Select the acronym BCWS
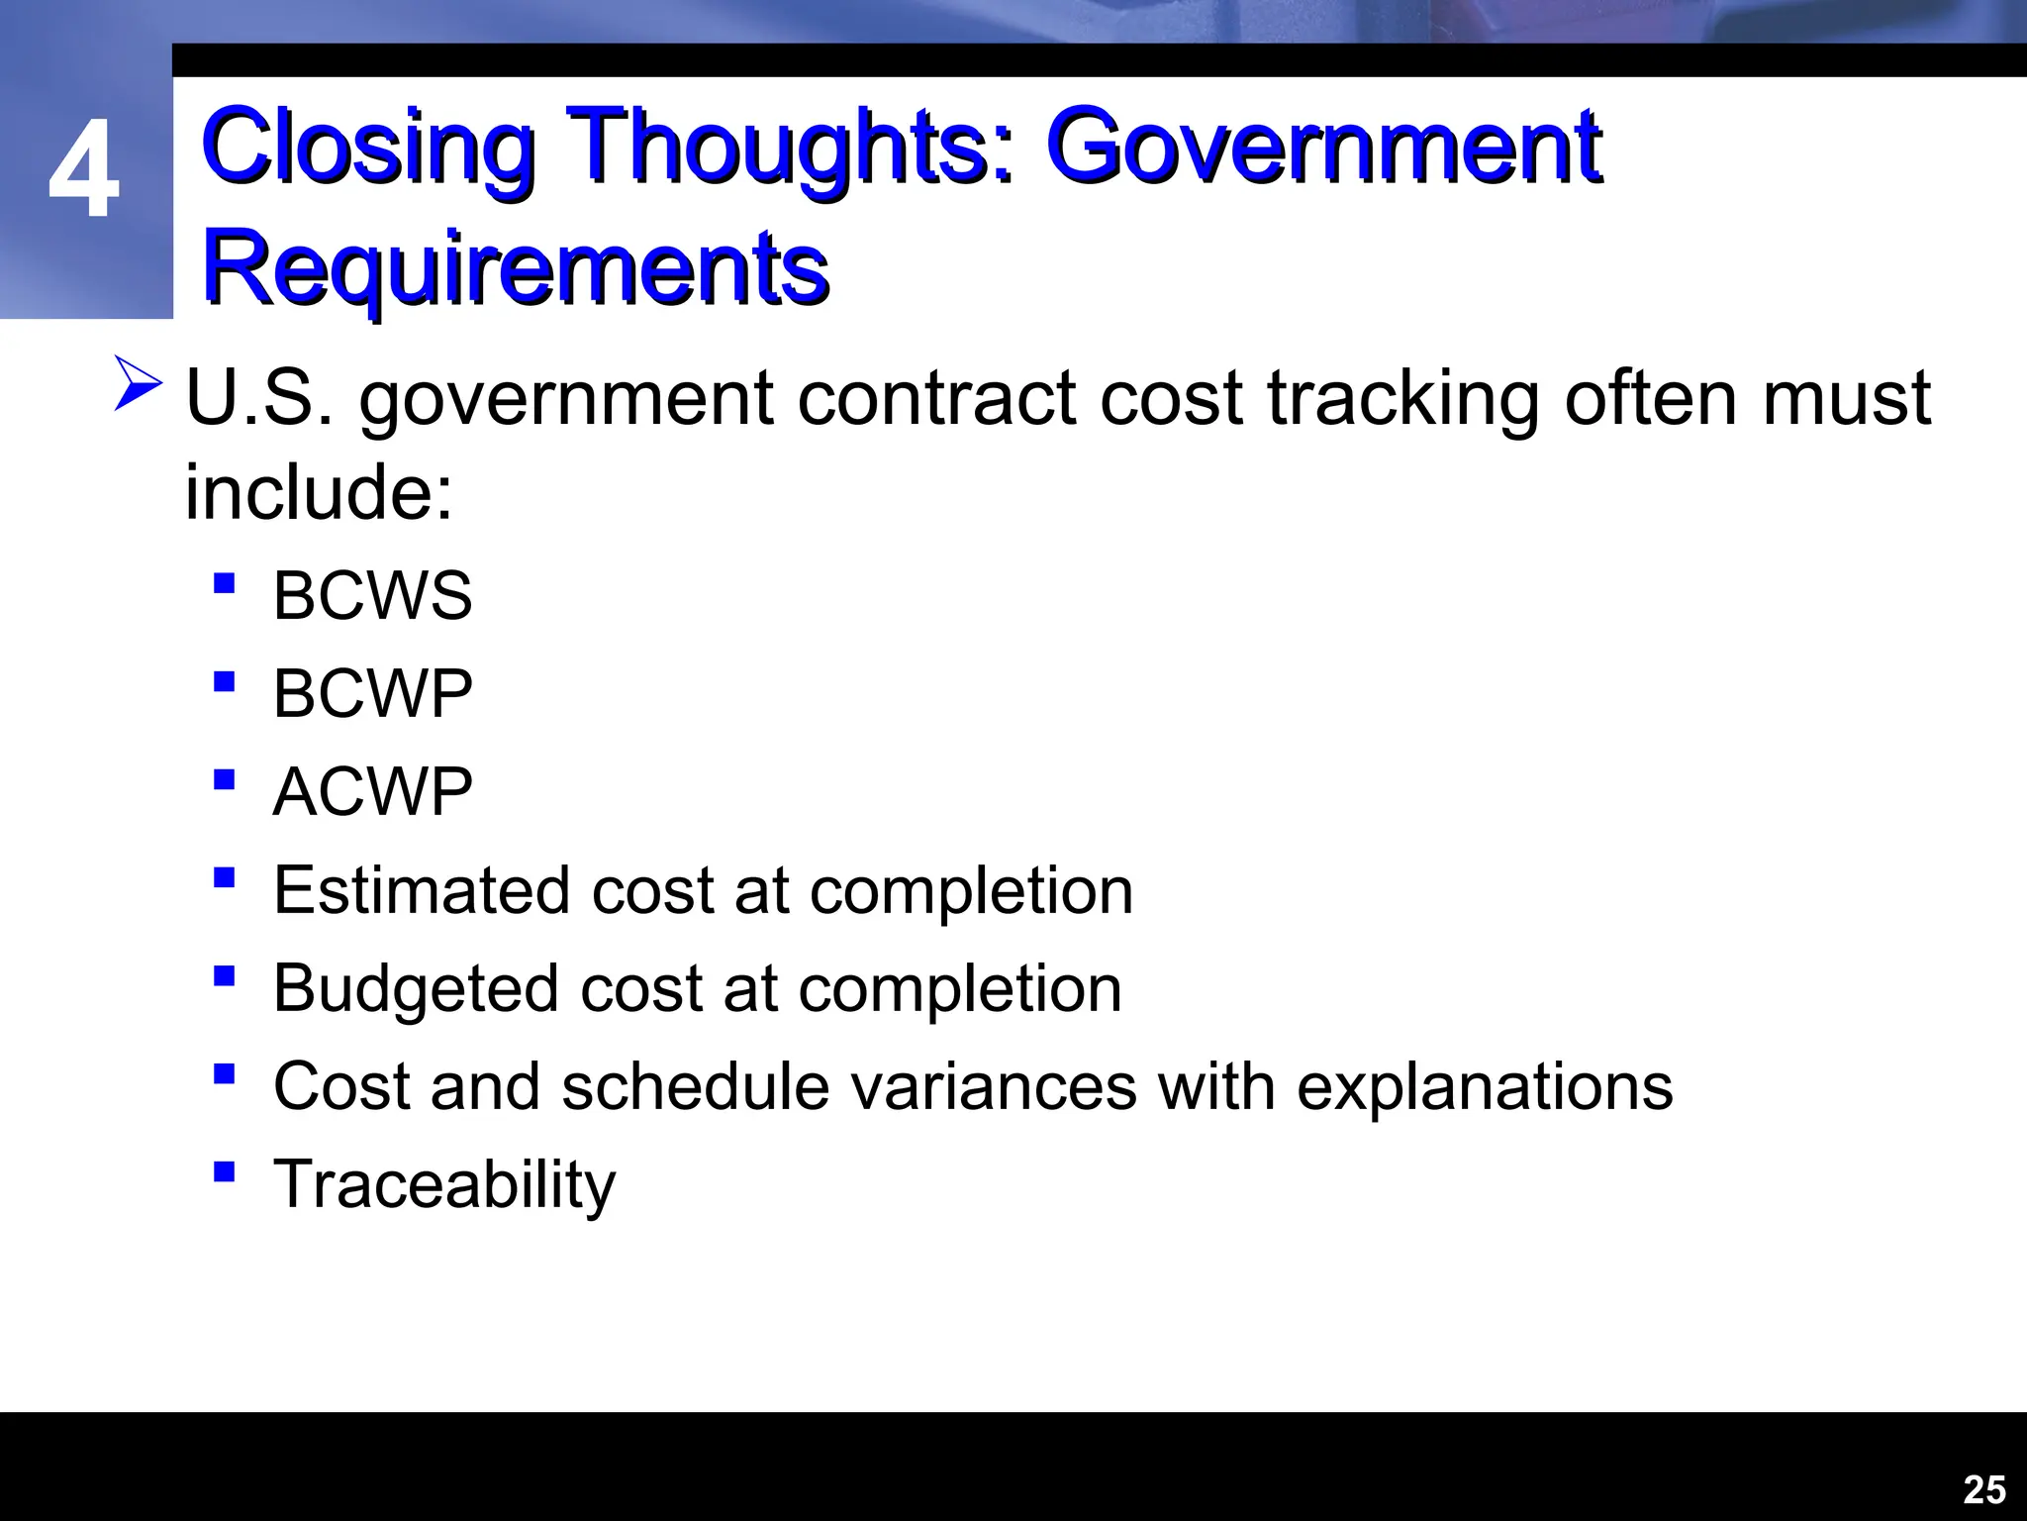click(x=372, y=596)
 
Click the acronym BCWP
click(x=372, y=694)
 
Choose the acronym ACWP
click(x=372, y=792)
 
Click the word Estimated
click(x=422, y=890)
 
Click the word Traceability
click(x=443, y=1184)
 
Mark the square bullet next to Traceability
click(x=224, y=1172)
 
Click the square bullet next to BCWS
click(x=224, y=583)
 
